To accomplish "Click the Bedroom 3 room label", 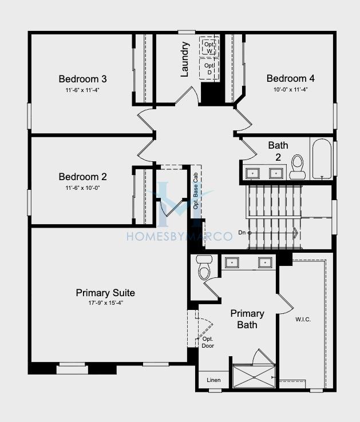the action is coord(83,79).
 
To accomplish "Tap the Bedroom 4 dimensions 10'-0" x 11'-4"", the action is coord(291,89).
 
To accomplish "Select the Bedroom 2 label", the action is coord(83,177).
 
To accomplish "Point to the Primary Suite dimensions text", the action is coord(106,302).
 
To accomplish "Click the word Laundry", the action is coord(185,59).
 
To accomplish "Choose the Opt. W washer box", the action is coord(209,46).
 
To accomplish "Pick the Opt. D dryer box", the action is coord(209,69).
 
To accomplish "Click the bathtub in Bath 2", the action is coord(322,159).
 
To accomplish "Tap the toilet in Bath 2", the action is coord(298,167).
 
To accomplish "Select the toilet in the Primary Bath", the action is coord(204,268).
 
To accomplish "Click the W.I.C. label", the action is coord(303,320).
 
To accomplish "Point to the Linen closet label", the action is coord(213,380).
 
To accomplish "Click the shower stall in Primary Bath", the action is coord(254,376).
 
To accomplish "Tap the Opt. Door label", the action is coord(208,343).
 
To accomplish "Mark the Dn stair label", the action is coord(242,232).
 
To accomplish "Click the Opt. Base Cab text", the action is coord(196,191).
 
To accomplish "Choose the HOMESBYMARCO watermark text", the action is coord(180,236).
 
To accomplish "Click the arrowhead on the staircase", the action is coord(295,233).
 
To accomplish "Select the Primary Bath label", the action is coord(247,319).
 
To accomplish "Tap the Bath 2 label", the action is coord(278,151).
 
